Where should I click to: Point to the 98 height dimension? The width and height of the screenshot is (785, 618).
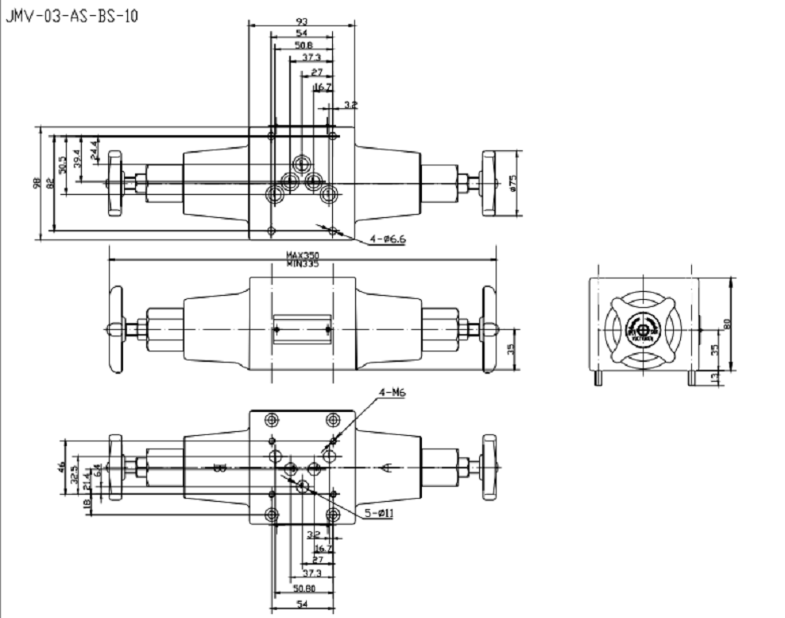pos(37,183)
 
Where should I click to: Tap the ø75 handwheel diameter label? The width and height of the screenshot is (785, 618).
pos(513,183)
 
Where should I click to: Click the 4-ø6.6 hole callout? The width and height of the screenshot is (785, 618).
pos(388,239)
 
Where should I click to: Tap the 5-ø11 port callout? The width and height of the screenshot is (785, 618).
pos(380,513)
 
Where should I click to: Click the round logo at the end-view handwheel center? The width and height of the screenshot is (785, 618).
pos(642,328)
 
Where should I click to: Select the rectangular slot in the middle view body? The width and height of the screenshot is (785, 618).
pos(302,329)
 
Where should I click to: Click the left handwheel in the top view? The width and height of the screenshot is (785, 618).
pos(115,183)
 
